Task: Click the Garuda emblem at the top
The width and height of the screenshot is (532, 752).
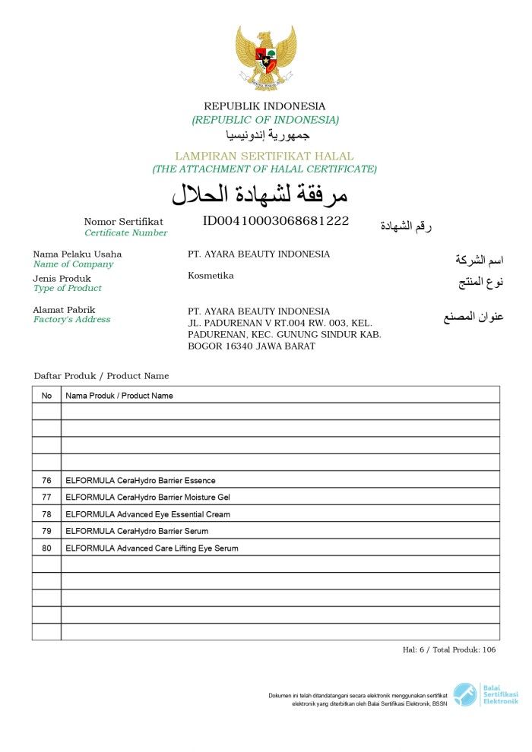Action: (265, 58)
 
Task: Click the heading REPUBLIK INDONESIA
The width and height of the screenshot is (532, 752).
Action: (264, 106)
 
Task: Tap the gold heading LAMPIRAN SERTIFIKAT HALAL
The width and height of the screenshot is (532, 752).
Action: (264, 156)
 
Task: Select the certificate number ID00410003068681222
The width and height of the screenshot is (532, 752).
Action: (276, 221)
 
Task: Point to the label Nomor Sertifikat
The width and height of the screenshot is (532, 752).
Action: (123, 222)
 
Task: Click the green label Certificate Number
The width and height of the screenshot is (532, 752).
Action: (125, 232)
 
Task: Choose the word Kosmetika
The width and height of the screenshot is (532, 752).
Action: (211, 276)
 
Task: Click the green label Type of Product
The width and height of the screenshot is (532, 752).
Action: (67, 288)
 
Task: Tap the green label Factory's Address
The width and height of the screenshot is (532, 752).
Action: (71, 320)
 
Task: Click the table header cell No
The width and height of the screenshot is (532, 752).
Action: (46, 395)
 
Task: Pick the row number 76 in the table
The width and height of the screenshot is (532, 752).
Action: (46, 480)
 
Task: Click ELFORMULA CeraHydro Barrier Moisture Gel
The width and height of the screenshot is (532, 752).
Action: (147, 497)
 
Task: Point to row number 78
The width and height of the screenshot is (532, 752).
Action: (46, 514)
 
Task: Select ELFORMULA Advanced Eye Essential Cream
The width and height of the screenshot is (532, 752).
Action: (147, 514)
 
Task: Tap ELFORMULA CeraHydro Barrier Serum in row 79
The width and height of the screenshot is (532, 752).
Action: (137, 531)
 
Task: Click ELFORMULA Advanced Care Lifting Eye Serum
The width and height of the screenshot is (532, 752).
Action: (152, 548)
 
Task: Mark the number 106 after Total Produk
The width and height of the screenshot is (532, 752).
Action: (489, 649)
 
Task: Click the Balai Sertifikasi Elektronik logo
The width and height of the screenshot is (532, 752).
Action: (486, 694)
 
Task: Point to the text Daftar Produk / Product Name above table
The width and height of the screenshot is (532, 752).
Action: (101, 376)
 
